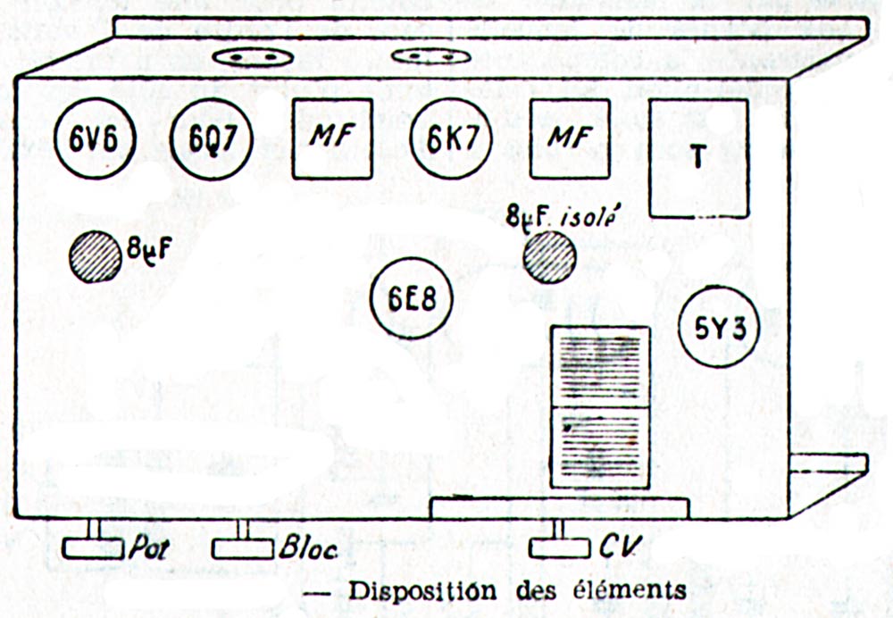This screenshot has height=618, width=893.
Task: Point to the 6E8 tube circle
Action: click(x=412, y=298)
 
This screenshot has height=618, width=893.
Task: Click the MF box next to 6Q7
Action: click(x=333, y=138)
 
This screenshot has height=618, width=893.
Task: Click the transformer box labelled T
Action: click(x=697, y=158)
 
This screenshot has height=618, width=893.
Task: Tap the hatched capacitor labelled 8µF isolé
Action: click(x=549, y=257)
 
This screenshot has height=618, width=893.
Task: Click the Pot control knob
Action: click(x=92, y=547)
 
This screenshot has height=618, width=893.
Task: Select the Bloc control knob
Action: click(x=241, y=547)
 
